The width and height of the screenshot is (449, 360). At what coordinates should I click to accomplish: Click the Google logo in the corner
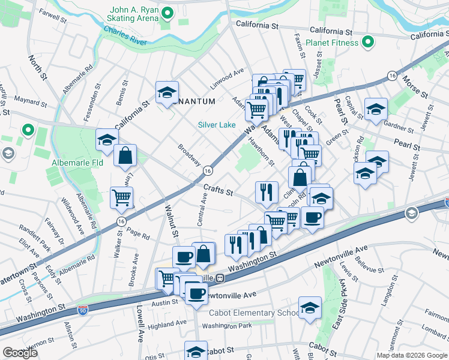(x=20, y=353)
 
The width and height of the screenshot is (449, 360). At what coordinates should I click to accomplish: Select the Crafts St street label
(x=217, y=190)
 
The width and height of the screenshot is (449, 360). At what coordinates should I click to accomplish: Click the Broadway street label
(x=189, y=154)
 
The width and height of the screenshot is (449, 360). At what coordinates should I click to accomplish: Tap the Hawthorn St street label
(x=262, y=152)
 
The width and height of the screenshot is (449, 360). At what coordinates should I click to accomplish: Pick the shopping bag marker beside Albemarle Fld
(x=124, y=157)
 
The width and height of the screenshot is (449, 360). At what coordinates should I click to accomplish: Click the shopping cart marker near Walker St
(x=122, y=198)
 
